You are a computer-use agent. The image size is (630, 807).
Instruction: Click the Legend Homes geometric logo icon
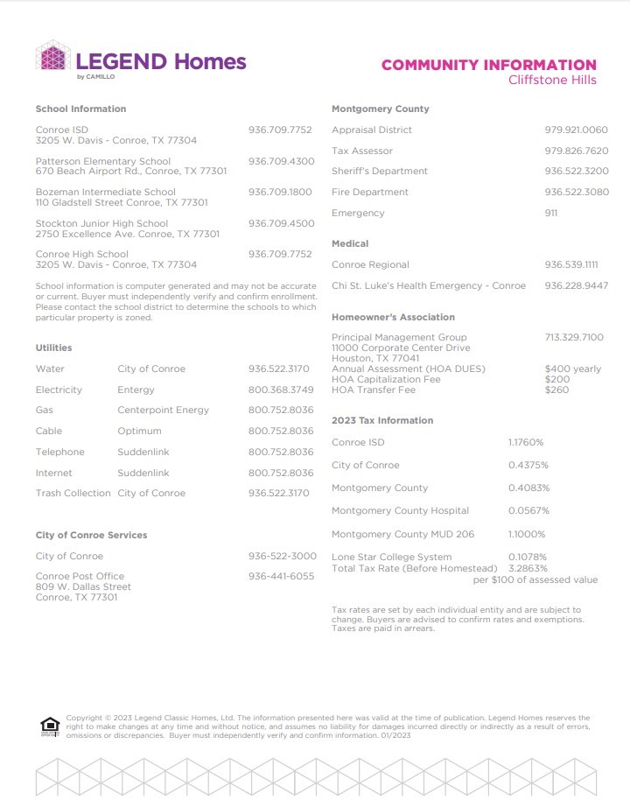(53, 57)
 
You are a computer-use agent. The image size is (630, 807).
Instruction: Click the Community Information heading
(488, 65)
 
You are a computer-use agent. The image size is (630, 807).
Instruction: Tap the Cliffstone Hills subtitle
(552, 80)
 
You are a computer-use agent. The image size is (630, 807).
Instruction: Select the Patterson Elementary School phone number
(281, 161)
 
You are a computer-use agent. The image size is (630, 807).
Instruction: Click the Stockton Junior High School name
(101, 223)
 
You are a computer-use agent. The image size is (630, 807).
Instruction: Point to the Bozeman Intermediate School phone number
(280, 192)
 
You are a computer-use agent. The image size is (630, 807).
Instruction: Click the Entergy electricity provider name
(136, 389)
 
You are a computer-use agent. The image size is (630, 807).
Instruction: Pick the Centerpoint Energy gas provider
(164, 410)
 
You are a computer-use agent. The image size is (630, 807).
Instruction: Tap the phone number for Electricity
(281, 389)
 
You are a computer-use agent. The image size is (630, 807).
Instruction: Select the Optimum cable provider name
(139, 431)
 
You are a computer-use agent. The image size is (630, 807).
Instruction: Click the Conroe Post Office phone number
(281, 576)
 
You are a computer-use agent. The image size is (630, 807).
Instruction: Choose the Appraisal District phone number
(576, 130)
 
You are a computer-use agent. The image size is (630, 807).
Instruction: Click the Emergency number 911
(551, 213)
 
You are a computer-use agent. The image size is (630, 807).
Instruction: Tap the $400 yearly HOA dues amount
(572, 368)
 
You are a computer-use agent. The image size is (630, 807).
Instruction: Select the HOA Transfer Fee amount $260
(556, 389)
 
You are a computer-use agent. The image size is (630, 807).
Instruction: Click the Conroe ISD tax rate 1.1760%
(526, 442)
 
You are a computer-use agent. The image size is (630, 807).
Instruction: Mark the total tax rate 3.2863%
(528, 568)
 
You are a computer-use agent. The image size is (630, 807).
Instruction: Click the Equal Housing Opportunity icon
(50, 726)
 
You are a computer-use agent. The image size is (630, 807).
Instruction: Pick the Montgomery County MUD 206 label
(402, 534)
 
